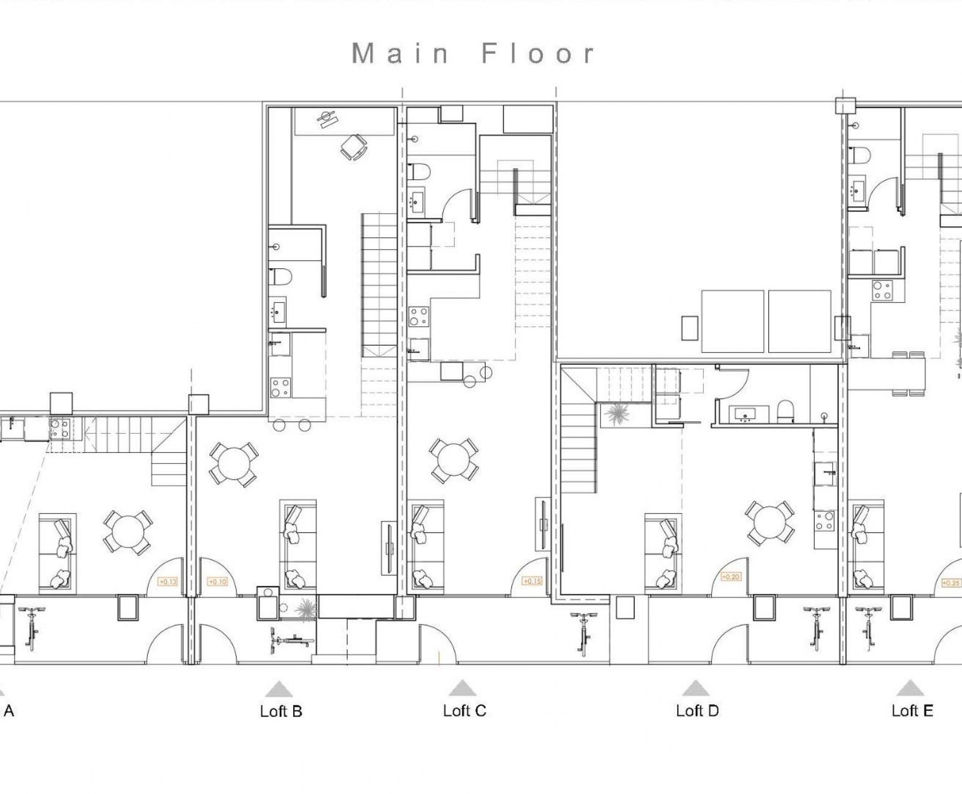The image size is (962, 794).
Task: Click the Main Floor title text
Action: [473, 54]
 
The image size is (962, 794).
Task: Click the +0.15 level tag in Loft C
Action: [532, 581]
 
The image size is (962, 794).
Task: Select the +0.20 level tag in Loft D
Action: [730, 577]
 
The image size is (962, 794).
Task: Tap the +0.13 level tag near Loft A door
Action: [168, 582]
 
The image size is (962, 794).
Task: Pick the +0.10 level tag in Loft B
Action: [218, 582]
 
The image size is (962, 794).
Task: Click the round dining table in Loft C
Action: [453, 461]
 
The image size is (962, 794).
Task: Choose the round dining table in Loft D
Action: [770, 523]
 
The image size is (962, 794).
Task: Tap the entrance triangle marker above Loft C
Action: [463, 688]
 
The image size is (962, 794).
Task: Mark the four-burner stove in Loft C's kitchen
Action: [419, 316]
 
